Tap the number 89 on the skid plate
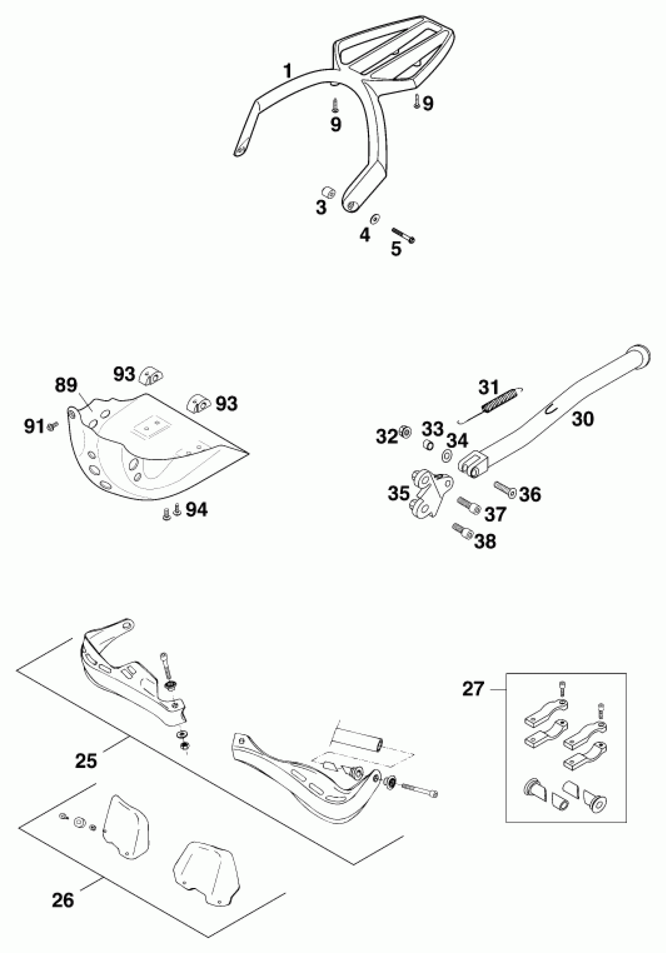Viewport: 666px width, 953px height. coord(66,386)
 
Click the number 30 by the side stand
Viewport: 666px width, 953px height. coord(583,419)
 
